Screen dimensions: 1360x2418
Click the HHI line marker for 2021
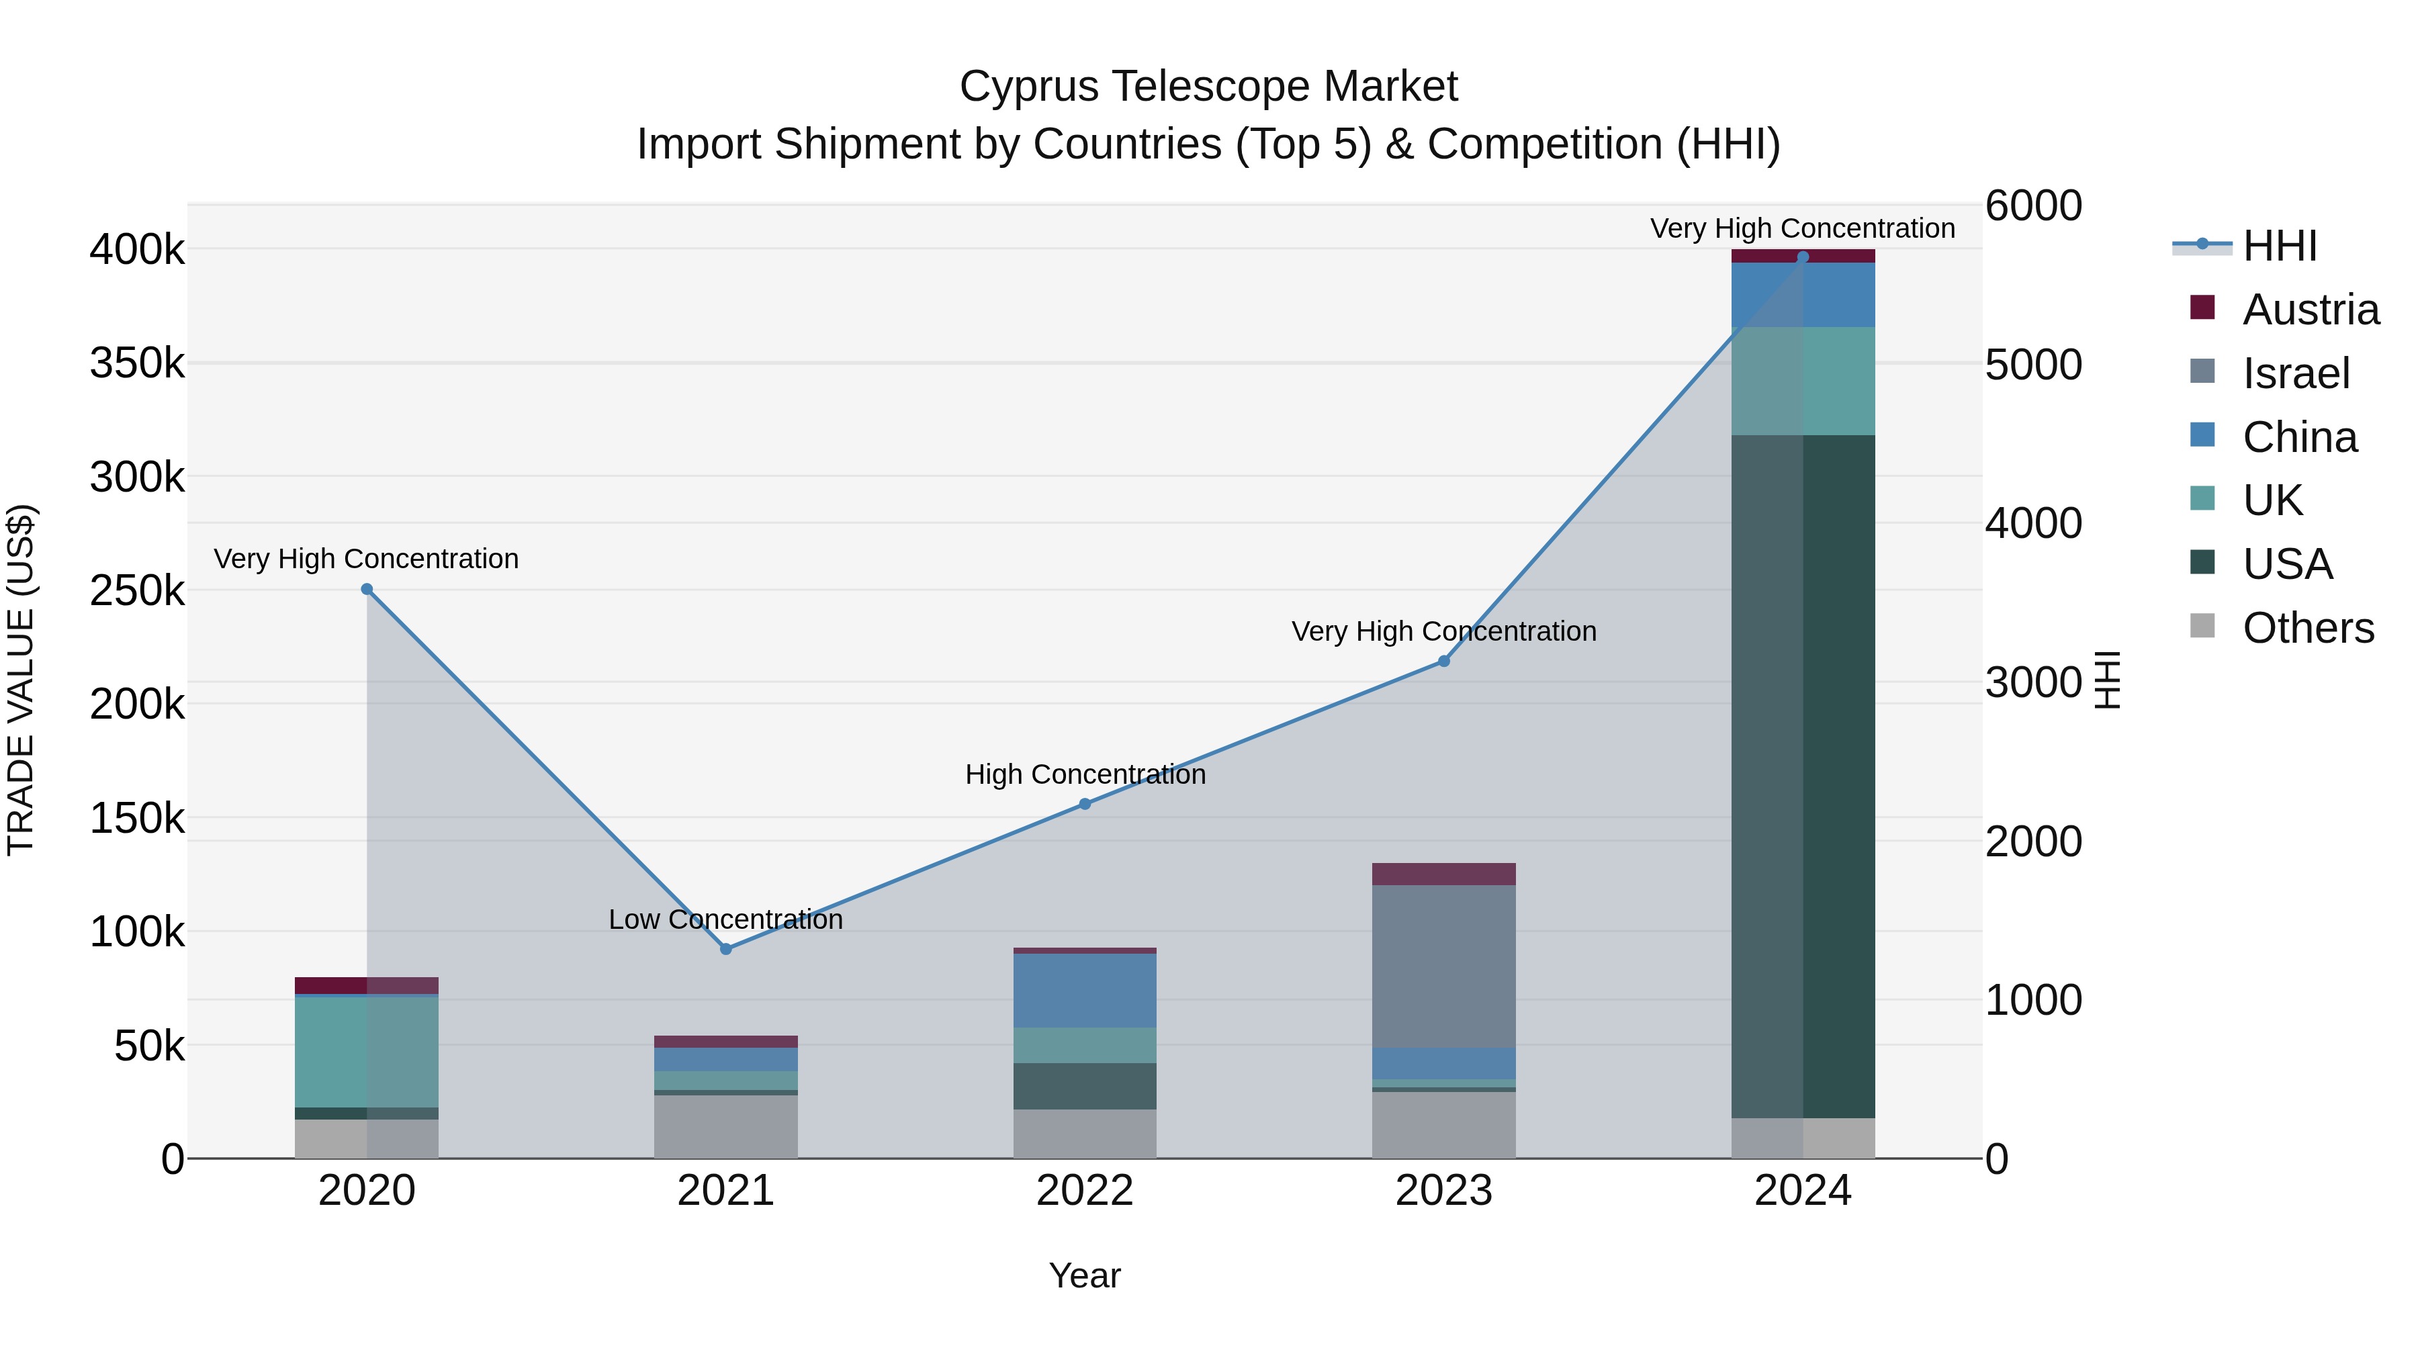tap(725, 949)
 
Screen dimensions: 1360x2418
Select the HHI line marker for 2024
tap(1802, 257)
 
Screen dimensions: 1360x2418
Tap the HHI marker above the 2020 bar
tap(367, 590)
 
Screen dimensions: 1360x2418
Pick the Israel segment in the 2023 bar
tap(1443, 966)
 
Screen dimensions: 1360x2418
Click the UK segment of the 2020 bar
tap(366, 1051)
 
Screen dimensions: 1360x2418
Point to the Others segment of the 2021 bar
tap(725, 1126)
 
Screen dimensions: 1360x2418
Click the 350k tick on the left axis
tap(137, 363)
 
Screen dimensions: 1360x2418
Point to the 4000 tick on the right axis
tap(2033, 524)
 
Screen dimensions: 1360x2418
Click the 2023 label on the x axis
tap(1443, 1191)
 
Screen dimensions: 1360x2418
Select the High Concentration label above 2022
tap(1085, 774)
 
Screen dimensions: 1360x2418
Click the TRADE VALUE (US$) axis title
tap(21, 680)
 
